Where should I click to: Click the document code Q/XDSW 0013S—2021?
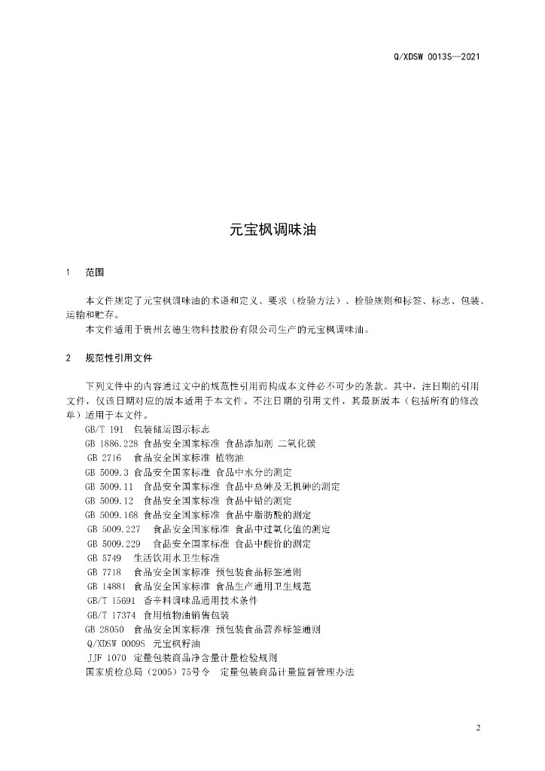tap(437, 56)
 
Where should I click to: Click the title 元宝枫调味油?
tap(272, 230)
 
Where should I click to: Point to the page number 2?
tap(478, 727)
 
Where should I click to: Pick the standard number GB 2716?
tap(105, 457)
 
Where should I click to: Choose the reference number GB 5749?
tap(105, 558)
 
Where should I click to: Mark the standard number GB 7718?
tap(105, 572)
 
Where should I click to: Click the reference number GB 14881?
tap(107, 587)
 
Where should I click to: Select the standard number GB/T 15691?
tap(111, 601)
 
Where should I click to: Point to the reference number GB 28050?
tap(105, 629)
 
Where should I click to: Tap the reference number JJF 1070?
tap(107, 658)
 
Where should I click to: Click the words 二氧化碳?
tap(296, 443)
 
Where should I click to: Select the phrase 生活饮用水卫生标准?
tap(177, 558)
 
